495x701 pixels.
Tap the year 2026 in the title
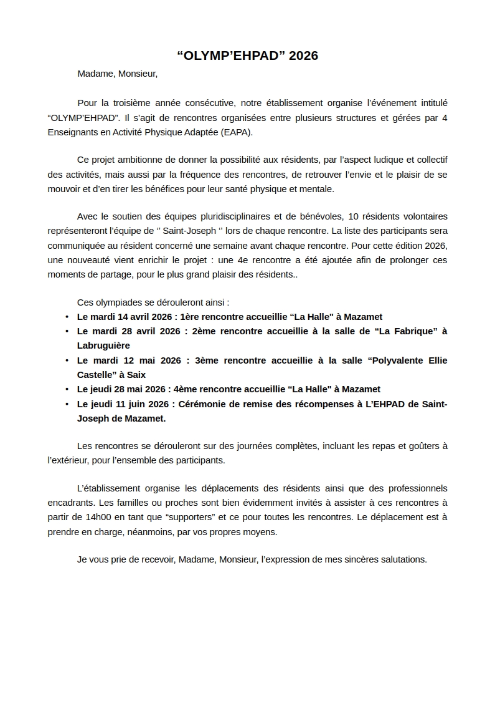[x=303, y=56]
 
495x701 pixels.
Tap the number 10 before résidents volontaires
[x=354, y=216]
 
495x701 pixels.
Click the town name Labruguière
[x=103, y=345]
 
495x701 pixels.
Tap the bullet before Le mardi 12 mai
[x=67, y=360]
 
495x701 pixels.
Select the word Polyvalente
[x=395, y=360]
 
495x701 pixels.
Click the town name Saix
[x=136, y=374]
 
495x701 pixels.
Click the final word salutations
[x=403, y=559]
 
